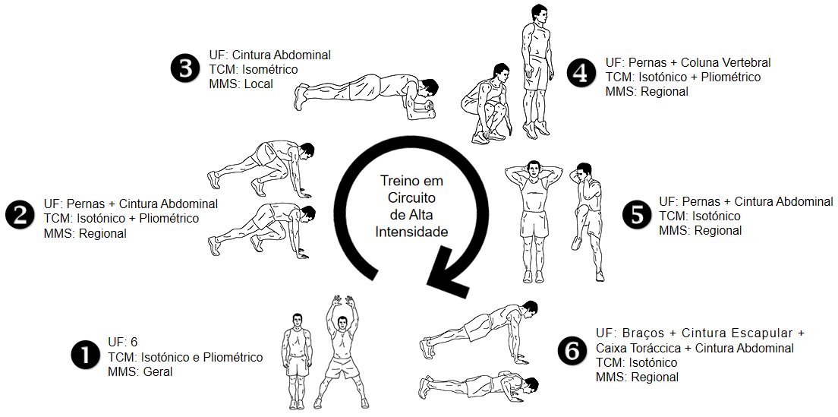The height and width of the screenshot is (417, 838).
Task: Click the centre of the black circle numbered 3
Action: tap(185, 70)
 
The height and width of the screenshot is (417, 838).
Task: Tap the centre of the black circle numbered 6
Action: tap(572, 351)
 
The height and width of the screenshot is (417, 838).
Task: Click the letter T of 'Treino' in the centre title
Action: tap(382, 181)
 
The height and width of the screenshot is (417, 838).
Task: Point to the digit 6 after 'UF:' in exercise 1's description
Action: tap(134, 343)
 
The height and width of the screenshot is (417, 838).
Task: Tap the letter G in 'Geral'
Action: tap(148, 372)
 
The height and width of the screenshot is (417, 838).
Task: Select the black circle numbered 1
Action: tap(86, 357)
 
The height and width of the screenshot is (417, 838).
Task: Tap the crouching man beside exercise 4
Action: tap(486, 104)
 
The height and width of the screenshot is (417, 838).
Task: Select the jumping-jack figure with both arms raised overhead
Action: tap(342, 351)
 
